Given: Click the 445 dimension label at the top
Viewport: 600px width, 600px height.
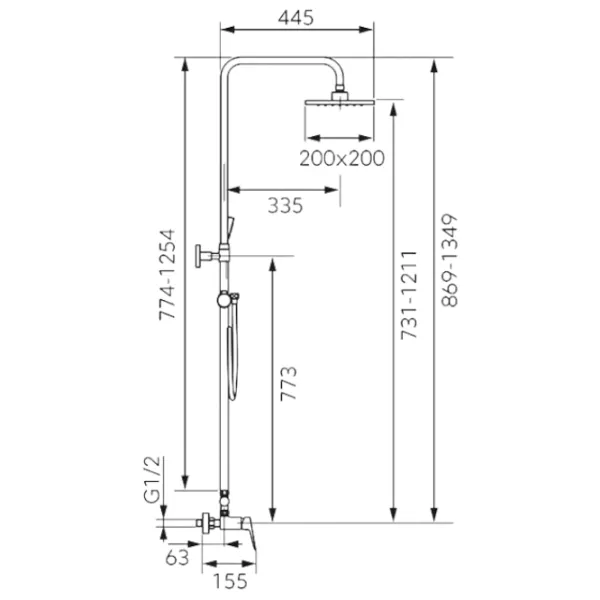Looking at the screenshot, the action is pyautogui.click(x=295, y=18).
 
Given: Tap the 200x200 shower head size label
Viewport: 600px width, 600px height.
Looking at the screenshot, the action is pyautogui.click(x=342, y=158).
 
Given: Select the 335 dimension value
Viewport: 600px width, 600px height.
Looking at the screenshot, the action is pyautogui.click(x=285, y=205).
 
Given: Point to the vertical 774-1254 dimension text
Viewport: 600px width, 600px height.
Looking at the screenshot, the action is pyautogui.click(x=167, y=274).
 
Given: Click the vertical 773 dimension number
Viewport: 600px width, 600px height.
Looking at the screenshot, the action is pyautogui.click(x=289, y=383).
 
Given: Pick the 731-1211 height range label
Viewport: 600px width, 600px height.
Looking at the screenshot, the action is pyautogui.click(x=408, y=295).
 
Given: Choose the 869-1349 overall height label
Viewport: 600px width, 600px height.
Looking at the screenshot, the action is pyautogui.click(x=449, y=260).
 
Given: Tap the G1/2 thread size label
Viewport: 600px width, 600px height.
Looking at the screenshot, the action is pyautogui.click(x=152, y=480).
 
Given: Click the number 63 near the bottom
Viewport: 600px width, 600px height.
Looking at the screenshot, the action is pyautogui.click(x=177, y=558).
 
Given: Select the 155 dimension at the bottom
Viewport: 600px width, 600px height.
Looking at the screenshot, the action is pyautogui.click(x=230, y=581).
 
